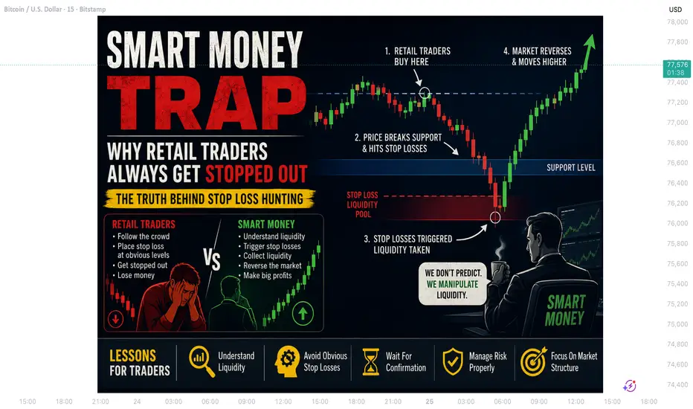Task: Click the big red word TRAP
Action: (207, 103)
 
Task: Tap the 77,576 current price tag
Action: (677, 68)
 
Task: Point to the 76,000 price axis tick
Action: (677, 223)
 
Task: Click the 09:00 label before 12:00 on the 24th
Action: (247, 402)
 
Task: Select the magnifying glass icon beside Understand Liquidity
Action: (202, 361)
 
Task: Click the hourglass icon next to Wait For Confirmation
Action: (371, 361)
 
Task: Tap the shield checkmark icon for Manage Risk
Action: (453, 361)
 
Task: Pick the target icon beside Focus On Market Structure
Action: (533, 361)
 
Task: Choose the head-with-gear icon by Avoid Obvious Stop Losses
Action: (287, 361)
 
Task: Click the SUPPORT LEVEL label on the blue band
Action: (570, 167)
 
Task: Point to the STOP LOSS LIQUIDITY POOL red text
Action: (362, 204)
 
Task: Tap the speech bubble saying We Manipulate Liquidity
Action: (452, 284)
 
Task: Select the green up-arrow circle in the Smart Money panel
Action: (303, 314)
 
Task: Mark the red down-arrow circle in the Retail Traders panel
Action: (116, 318)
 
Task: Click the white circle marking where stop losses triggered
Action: (495, 217)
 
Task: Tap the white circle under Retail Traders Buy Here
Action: (425, 93)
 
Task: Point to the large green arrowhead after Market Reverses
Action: (590, 43)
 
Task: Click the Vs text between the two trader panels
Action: (212, 259)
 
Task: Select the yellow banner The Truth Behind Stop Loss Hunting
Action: (210, 199)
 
